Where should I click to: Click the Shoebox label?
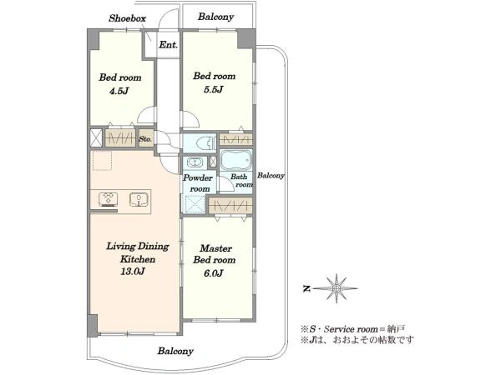click(127, 18)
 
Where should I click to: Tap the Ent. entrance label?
click(168, 45)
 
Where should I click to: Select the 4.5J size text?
click(119, 91)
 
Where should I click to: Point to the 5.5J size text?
click(213, 90)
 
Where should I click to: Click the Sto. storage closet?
click(145, 138)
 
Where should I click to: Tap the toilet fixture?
click(205, 143)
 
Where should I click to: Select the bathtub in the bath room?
click(236, 160)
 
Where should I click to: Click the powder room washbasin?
click(195, 162)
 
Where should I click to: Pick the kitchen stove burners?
click(109, 198)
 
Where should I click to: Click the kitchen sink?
click(139, 199)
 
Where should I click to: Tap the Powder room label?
click(198, 183)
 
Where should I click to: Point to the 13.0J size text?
click(133, 272)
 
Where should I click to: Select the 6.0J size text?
click(213, 273)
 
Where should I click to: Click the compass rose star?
click(336, 288)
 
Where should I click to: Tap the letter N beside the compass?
click(306, 288)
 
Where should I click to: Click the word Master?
click(215, 248)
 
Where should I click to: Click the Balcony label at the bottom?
click(175, 351)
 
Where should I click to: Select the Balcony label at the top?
click(215, 17)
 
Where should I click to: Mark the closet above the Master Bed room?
click(230, 205)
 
